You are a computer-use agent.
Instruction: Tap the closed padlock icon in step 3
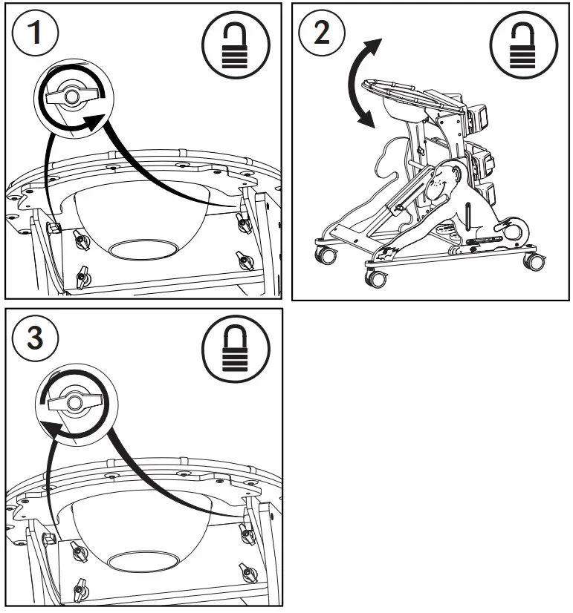click(x=232, y=350)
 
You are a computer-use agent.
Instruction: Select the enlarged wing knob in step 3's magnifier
click(x=72, y=401)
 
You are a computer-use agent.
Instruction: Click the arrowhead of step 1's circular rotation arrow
click(x=92, y=121)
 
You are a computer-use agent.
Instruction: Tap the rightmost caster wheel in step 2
click(x=533, y=261)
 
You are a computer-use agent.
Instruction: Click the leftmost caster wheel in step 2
click(x=326, y=256)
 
